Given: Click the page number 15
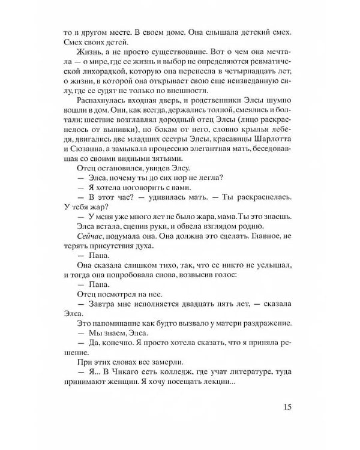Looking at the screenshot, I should tap(286, 407).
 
